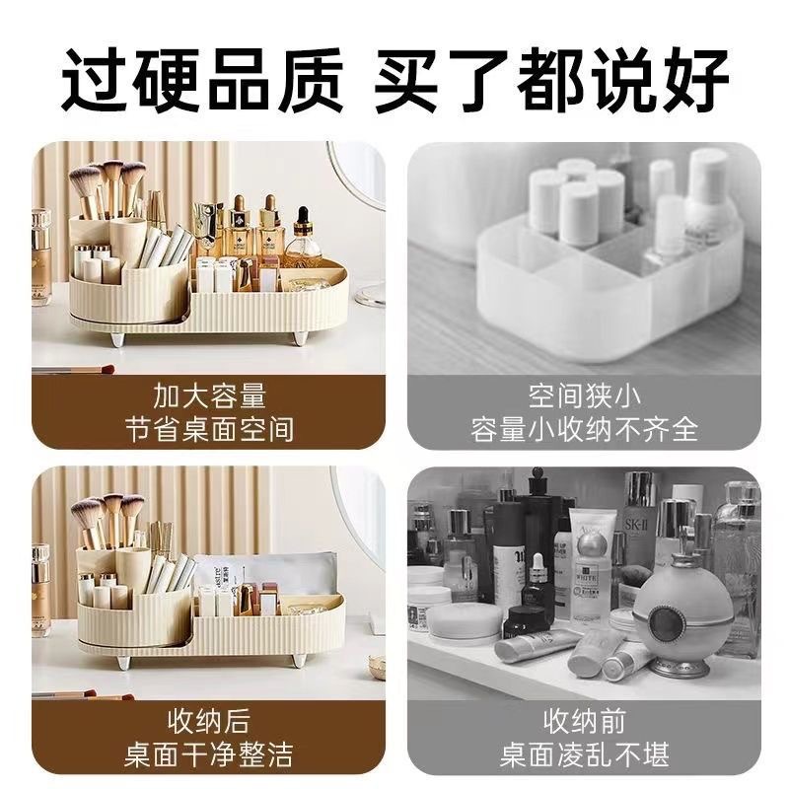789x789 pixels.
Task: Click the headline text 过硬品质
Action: point(202,80)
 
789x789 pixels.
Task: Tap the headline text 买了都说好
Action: point(551,80)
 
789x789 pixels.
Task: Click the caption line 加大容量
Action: point(209,396)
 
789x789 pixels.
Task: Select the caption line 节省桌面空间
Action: point(209,429)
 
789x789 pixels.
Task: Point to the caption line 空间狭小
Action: point(584,396)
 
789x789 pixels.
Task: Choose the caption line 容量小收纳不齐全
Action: point(584,429)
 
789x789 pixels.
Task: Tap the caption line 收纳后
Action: point(209,721)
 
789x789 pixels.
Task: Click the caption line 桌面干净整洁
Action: point(209,754)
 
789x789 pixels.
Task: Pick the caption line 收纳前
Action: point(584,721)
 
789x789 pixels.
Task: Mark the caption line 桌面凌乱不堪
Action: point(584,754)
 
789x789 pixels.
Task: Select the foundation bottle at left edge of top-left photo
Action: point(40,256)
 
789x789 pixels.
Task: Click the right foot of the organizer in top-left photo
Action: point(301,336)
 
